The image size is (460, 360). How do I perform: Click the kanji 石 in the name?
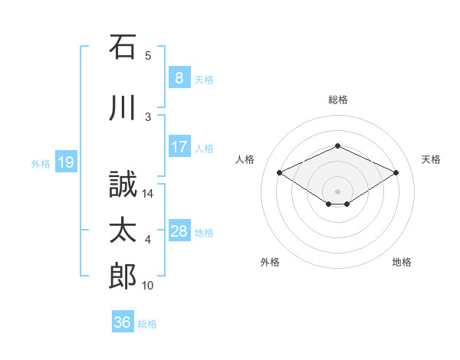(123, 47)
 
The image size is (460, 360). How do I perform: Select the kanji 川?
(123, 107)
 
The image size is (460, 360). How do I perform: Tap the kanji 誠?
(123, 184)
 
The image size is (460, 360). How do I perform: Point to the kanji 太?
(123, 230)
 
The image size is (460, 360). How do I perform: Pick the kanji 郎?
(123, 276)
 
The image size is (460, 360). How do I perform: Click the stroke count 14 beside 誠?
(147, 194)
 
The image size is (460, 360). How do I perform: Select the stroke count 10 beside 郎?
(147, 286)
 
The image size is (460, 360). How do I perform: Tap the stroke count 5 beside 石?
(148, 56)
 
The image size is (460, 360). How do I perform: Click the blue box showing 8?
(179, 77)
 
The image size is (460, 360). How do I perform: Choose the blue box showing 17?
(179, 146)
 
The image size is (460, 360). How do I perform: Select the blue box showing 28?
(179, 230)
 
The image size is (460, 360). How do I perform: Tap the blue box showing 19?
(66, 162)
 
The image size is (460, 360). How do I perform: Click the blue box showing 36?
(123, 321)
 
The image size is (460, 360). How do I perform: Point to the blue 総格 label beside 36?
(147, 324)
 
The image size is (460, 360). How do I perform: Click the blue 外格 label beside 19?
(41, 164)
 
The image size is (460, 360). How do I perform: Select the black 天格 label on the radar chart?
(431, 159)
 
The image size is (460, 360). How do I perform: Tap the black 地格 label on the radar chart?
(402, 262)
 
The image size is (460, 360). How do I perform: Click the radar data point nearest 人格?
(279, 172)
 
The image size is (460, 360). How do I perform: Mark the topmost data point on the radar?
(337, 146)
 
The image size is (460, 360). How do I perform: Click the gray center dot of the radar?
(337, 191)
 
